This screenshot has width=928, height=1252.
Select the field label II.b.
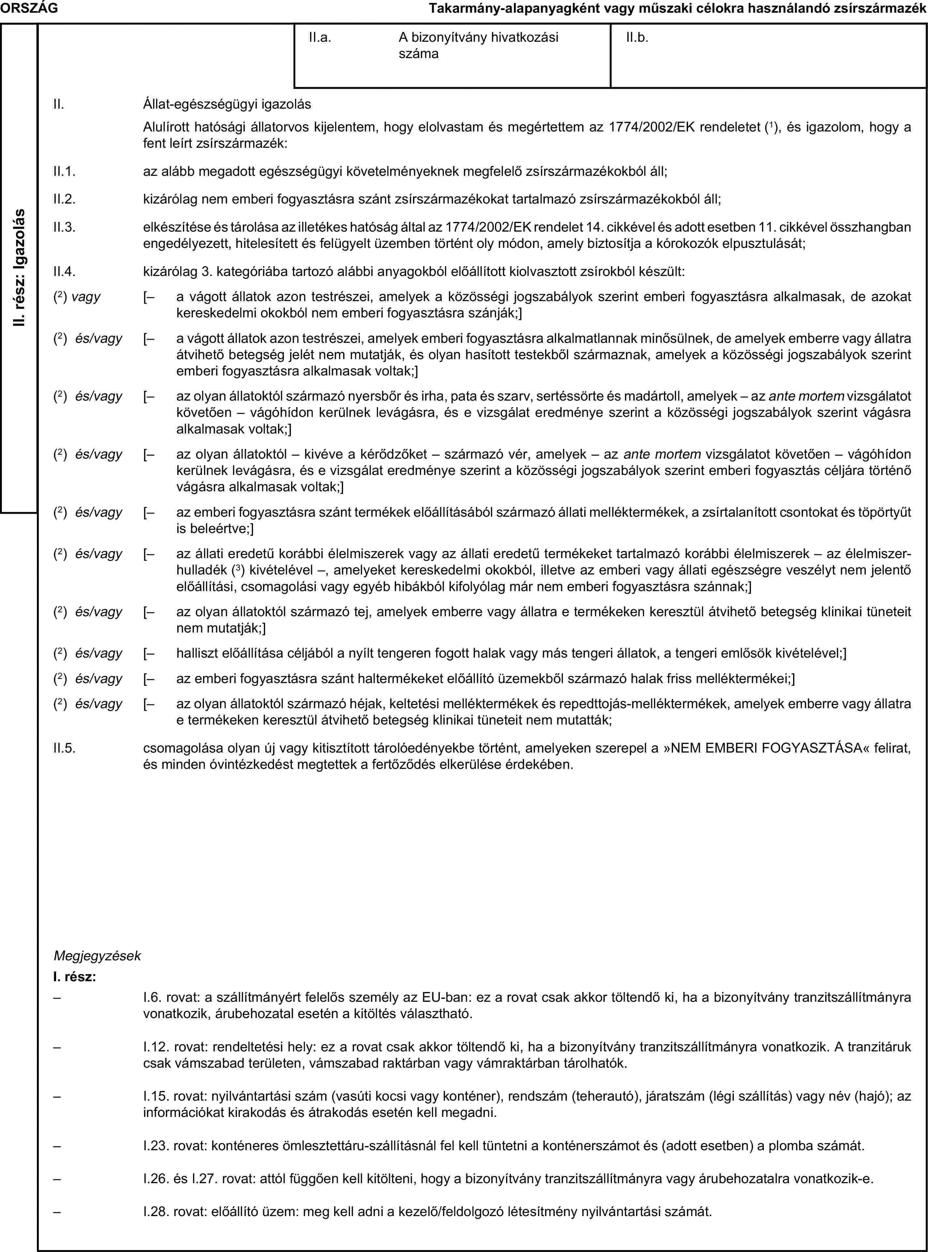[637, 38]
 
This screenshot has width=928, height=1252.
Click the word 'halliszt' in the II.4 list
[197, 653]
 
